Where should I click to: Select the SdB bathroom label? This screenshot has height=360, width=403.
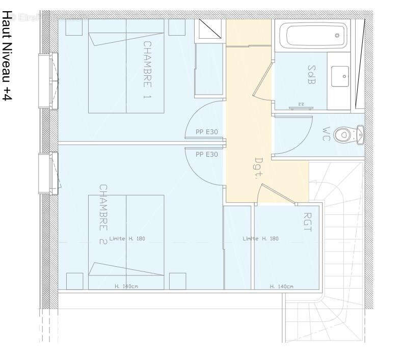[x=311, y=74]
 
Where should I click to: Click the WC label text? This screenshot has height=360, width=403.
[x=327, y=133]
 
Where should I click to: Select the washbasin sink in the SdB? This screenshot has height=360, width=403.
[x=339, y=76]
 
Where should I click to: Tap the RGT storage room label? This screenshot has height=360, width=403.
[x=307, y=222]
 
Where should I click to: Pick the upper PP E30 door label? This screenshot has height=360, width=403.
[x=207, y=132]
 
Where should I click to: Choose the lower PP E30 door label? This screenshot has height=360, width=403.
[x=207, y=154]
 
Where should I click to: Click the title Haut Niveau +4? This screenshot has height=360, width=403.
[x=7, y=56]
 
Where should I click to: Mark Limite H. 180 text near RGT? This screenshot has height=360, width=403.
[x=260, y=239]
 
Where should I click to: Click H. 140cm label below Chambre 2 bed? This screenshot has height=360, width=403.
[x=126, y=287]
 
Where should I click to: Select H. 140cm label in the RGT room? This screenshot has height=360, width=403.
[x=282, y=287]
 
